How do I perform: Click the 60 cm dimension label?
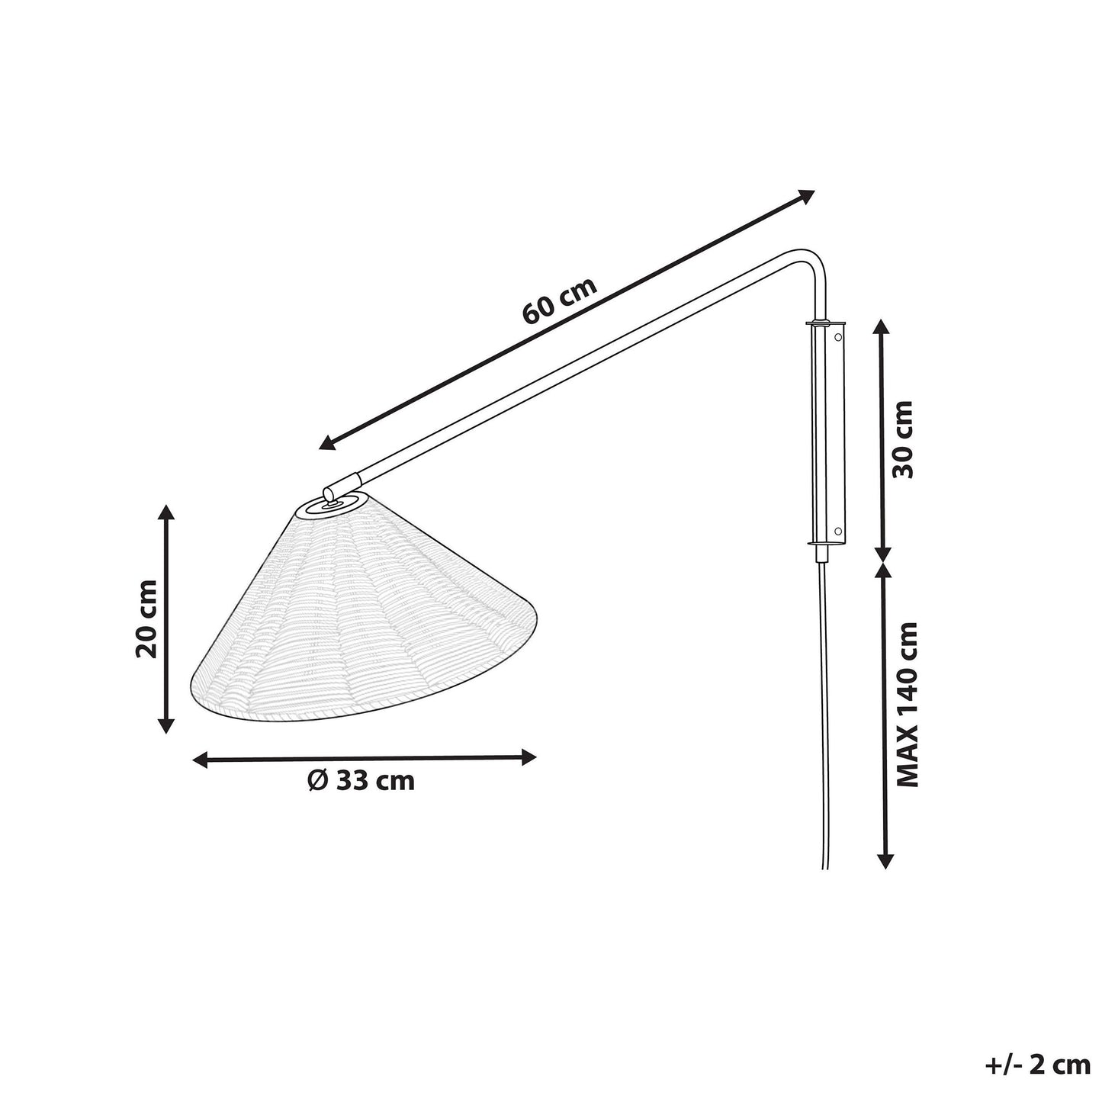pos(559,301)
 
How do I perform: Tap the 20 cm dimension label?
pos(146,618)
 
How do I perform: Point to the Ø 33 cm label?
pos(361,780)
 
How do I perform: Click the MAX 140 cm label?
pos(907,705)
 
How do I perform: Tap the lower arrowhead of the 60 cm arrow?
pos(327,442)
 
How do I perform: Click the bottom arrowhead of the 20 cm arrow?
pos(165,725)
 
